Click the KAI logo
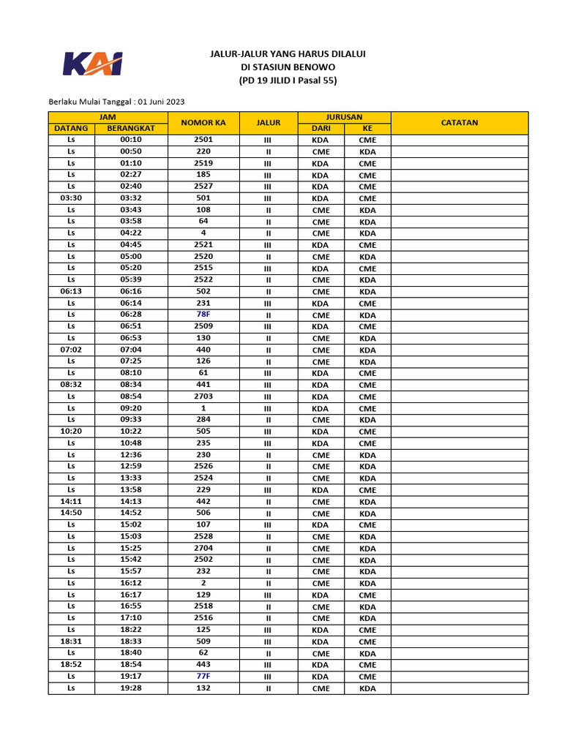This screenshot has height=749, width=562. pyautogui.click(x=92, y=64)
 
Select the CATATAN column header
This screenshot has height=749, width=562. pyautogui.click(x=459, y=123)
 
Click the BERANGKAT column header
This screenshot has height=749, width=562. pyautogui.click(x=130, y=129)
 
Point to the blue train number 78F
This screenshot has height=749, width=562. pyautogui.click(x=203, y=315)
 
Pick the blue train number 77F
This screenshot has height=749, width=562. pyautogui.click(x=203, y=677)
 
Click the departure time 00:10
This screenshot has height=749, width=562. pyautogui.click(x=130, y=140)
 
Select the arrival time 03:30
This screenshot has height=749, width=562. pyautogui.click(x=71, y=198)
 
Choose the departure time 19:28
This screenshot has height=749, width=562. pyautogui.click(x=130, y=688)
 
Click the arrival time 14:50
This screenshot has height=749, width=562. pyautogui.click(x=71, y=513)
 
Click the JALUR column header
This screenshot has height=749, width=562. pyautogui.click(x=268, y=123)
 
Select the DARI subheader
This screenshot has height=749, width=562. pyautogui.click(x=320, y=129)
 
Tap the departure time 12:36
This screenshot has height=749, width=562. pyautogui.click(x=130, y=455)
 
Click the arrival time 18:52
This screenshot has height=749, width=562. pyautogui.click(x=71, y=665)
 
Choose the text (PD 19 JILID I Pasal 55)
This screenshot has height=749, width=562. pyautogui.click(x=288, y=80)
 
